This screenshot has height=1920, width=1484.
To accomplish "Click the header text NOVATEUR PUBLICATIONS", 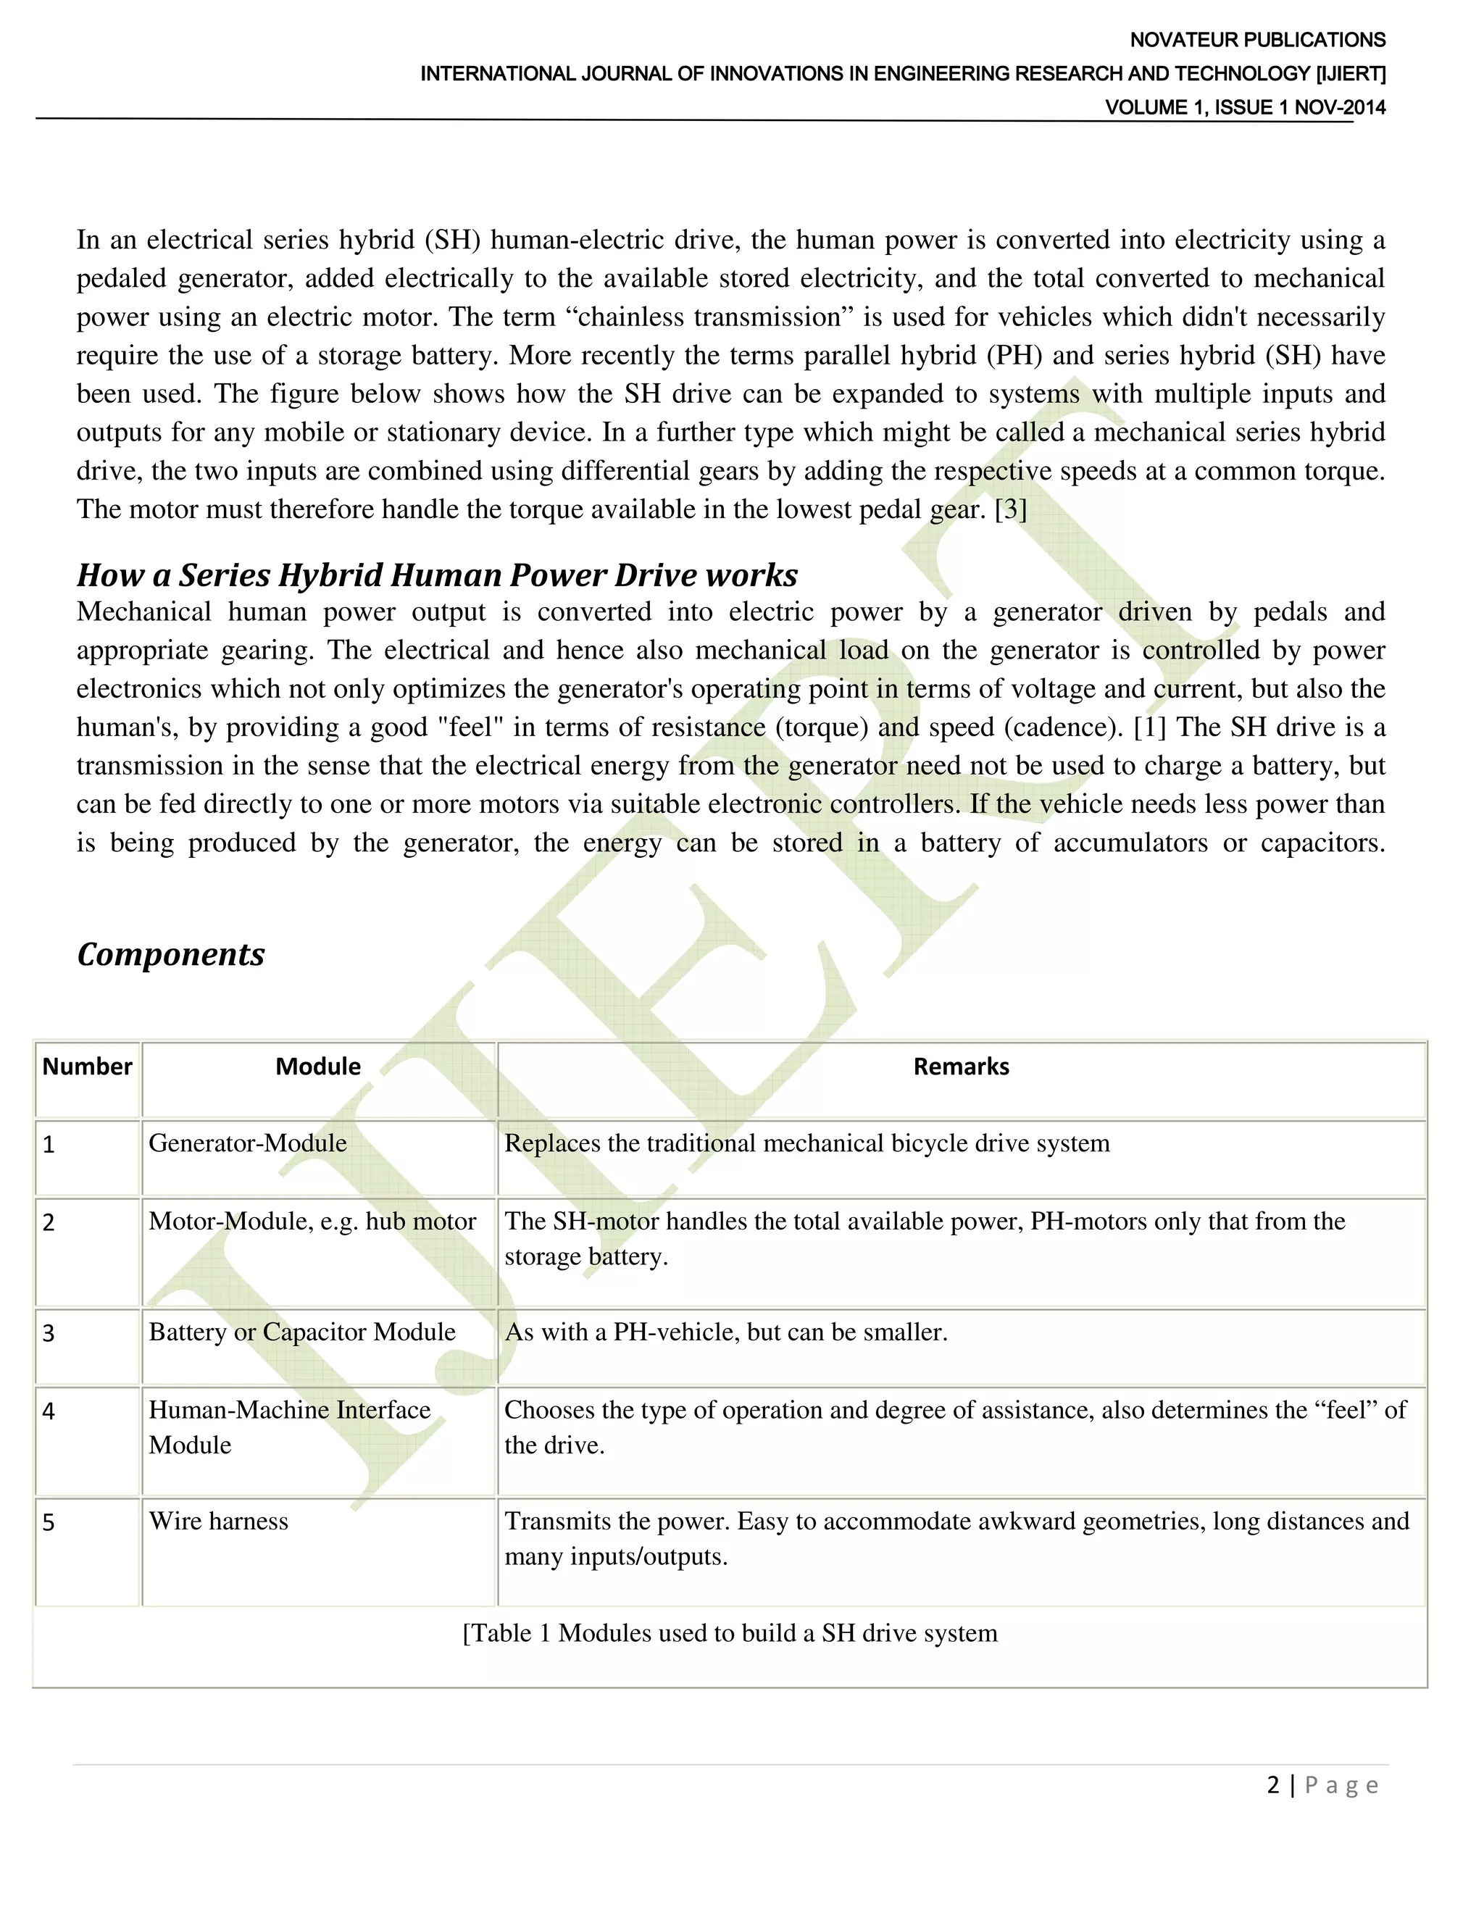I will tap(1256, 40).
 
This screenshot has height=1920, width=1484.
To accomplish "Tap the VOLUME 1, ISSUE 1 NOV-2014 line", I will tap(1244, 107).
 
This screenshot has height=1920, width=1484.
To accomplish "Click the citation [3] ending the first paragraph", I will tap(1010, 510).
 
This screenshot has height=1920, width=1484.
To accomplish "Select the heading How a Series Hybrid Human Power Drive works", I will tap(437, 575).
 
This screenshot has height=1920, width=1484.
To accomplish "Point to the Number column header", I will tap(87, 1067).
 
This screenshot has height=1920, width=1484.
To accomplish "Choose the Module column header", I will tap(318, 1067).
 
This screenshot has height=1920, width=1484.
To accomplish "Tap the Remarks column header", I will tap(961, 1067).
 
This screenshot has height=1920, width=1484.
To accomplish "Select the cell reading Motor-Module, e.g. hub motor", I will tap(312, 1221).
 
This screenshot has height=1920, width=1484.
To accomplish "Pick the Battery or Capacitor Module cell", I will tap(301, 1332).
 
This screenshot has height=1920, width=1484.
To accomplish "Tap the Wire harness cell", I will tap(218, 1521).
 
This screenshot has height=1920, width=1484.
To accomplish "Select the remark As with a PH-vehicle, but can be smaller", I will tap(725, 1332).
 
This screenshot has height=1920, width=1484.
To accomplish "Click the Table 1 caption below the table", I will tap(730, 1633).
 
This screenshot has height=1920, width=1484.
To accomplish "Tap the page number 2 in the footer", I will tap(1272, 1785).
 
